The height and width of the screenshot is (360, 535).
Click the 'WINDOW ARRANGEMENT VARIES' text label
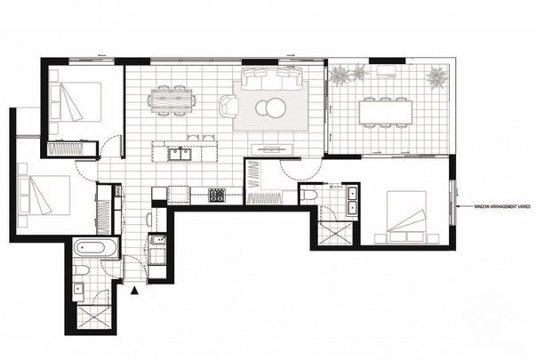click(x=495, y=206)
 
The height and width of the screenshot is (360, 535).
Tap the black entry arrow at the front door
click(x=134, y=290)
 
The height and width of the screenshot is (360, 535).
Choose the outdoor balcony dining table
click(x=386, y=112)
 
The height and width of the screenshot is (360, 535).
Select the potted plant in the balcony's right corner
click(x=436, y=78)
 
